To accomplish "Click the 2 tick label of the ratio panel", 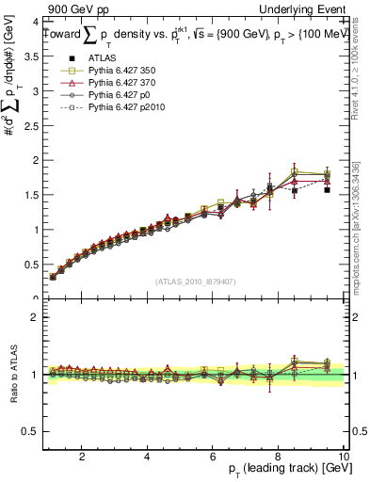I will (34, 317).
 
